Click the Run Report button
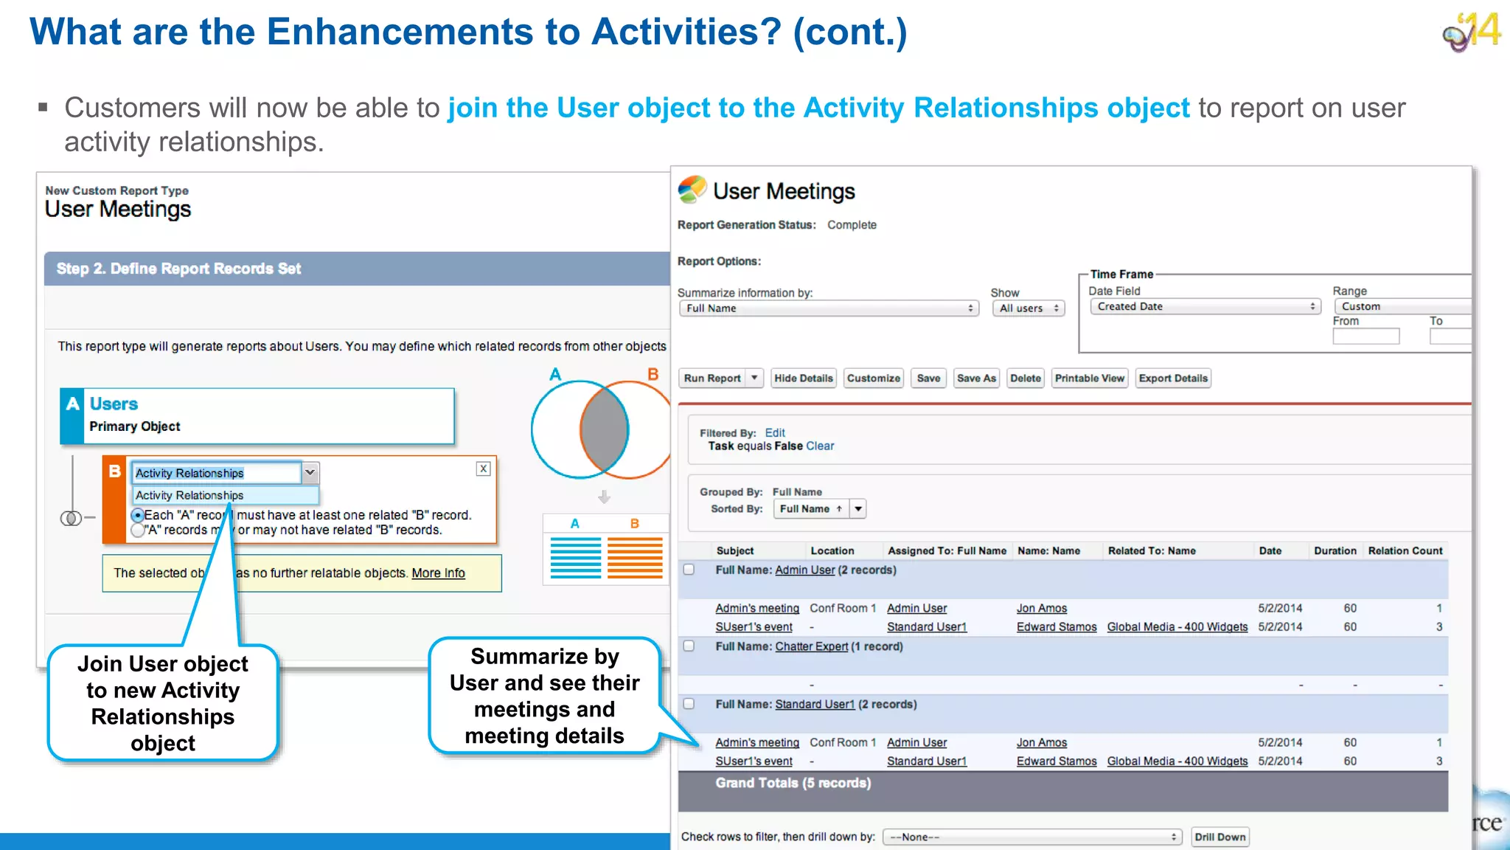[x=711, y=379]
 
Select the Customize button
[x=873, y=379]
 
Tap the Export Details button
[x=1172, y=379]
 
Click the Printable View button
[x=1089, y=379]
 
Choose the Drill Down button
[x=1220, y=837]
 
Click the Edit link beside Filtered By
[x=774, y=433]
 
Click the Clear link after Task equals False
[x=820, y=446]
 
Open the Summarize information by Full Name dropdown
[x=828, y=308]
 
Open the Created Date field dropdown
[x=1205, y=307]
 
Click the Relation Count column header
[x=1405, y=551]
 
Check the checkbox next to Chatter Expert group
[x=689, y=646]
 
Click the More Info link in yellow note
[x=438, y=573]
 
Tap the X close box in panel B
[x=483, y=469]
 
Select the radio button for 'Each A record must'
[x=138, y=515]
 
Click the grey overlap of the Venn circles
[x=604, y=430]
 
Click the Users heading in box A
[x=114, y=404]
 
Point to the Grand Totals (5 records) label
[x=793, y=784]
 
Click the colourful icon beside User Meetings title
[x=692, y=190]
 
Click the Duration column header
[x=1335, y=551]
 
